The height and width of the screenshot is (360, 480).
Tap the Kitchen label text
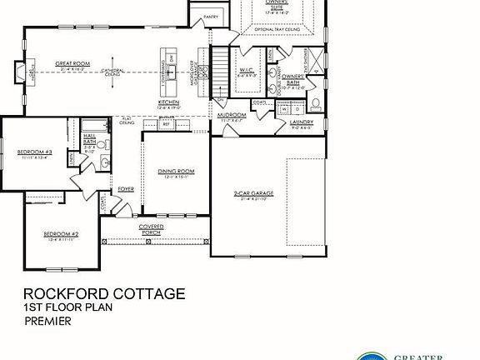tap(169, 104)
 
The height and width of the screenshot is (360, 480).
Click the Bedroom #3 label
tap(35, 151)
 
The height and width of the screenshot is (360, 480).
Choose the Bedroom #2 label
tap(61, 233)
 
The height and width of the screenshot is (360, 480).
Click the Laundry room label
tap(301, 122)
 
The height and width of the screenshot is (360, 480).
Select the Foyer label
tap(125, 188)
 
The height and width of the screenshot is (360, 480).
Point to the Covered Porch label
tap(150, 227)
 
